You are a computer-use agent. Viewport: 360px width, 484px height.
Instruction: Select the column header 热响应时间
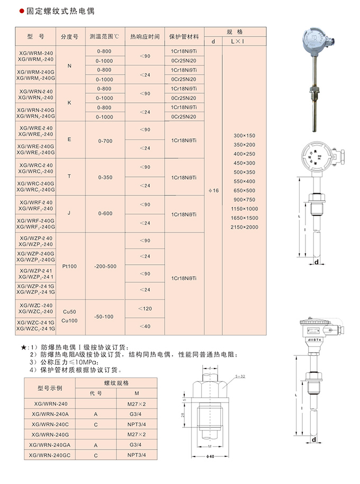145,37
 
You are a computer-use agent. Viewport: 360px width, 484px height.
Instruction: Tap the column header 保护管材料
184,37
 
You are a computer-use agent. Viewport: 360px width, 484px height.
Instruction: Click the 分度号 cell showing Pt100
70,266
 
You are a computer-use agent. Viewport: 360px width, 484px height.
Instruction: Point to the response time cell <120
145,308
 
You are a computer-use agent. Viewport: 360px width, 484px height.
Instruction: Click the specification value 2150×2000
244,227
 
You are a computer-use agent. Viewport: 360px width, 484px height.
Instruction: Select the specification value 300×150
244,136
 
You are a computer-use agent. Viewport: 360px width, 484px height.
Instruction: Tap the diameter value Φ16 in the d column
213,190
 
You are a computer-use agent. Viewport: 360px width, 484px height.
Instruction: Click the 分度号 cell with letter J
70,213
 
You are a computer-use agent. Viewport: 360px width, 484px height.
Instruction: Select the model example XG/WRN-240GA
48,446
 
